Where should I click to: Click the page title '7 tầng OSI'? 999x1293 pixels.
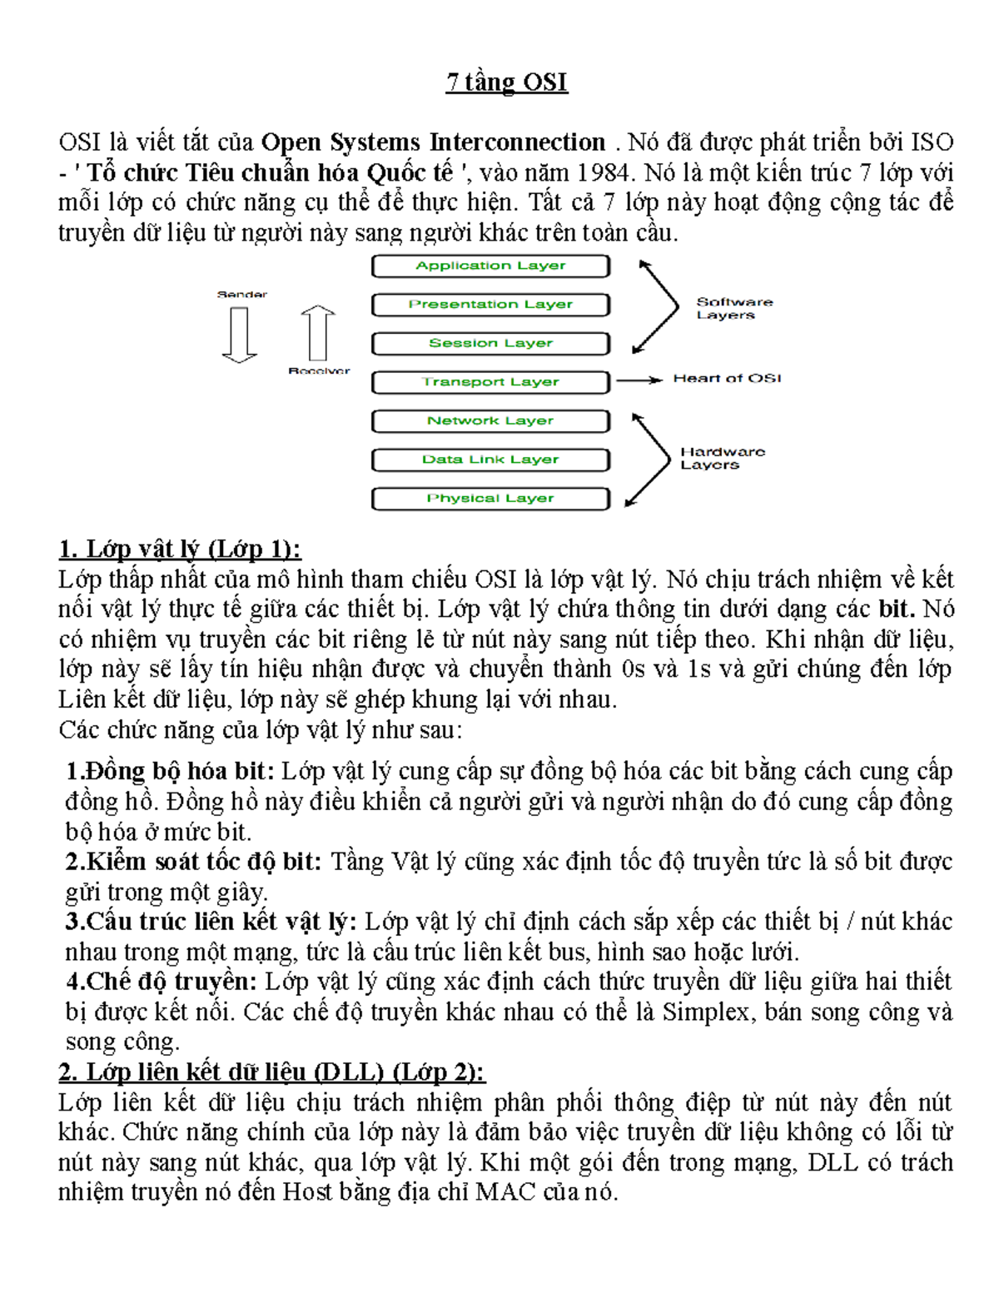click(x=506, y=82)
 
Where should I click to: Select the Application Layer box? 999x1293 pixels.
click(x=490, y=266)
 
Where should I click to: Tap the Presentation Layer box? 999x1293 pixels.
click(x=490, y=305)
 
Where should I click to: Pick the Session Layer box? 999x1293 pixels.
click(x=490, y=343)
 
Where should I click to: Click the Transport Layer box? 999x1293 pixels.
click(x=490, y=382)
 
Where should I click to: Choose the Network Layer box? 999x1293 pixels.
click(x=490, y=420)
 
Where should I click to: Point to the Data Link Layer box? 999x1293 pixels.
click(x=490, y=460)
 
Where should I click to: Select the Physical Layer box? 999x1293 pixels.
click(x=490, y=498)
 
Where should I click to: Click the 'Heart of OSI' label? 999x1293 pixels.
click(x=727, y=379)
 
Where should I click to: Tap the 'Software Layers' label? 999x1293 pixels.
click(x=733, y=308)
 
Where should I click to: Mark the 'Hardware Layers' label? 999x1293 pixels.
click(x=721, y=458)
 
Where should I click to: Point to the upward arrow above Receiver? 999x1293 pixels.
click(x=318, y=333)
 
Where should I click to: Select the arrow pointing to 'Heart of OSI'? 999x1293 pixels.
click(x=639, y=380)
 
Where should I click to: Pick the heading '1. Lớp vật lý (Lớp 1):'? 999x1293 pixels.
click(x=180, y=550)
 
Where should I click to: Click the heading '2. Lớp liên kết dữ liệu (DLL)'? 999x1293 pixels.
click(x=271, y=1072)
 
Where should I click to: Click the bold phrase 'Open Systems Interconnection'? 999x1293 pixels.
click(x=433, y=142)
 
